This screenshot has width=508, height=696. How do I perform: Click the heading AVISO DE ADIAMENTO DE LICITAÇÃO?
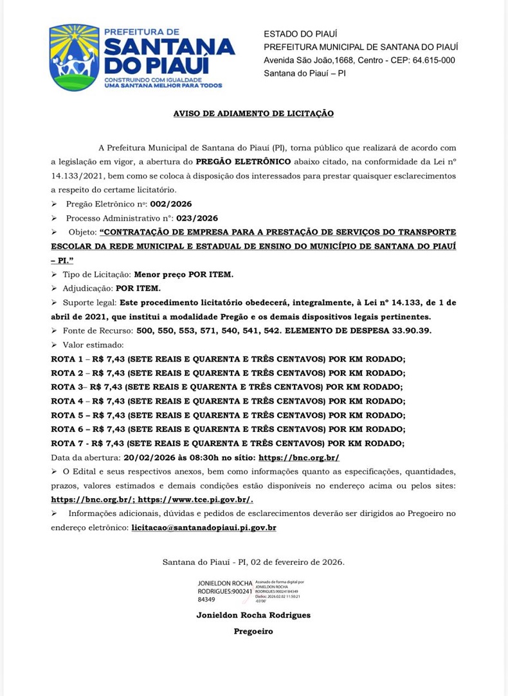[253, 113]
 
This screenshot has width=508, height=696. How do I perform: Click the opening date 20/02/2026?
[145, 458]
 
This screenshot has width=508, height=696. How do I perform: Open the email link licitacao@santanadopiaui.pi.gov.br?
[204, 528]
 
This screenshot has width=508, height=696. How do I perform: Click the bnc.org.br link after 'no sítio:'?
[298, 458]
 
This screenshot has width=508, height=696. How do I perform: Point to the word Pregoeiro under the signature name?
[253, 631]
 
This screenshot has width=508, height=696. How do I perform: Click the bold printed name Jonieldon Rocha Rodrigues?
[253, 615]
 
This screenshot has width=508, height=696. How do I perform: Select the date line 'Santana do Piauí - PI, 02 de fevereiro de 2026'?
[253, 562]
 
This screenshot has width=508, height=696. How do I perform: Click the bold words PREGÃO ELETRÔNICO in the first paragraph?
[243, 161]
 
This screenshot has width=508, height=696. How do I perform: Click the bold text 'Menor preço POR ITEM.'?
[183, 274]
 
